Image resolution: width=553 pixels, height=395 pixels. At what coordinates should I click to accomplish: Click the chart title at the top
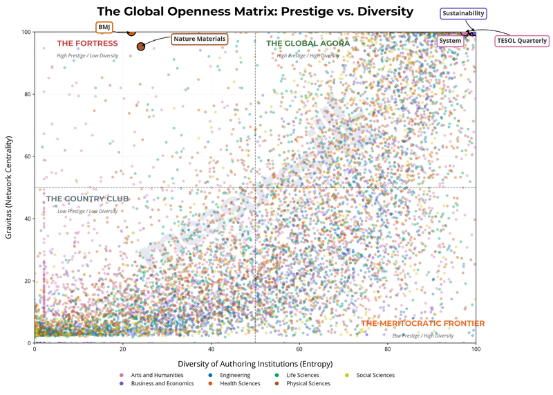(255, 12)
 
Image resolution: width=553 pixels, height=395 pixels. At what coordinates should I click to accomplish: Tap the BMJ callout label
(104, 27)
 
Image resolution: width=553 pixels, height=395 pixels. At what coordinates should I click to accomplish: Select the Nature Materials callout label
(200, 39)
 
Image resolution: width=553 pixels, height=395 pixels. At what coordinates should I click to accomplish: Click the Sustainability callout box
(463, 13)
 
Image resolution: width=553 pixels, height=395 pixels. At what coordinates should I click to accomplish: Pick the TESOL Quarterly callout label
(522, 41)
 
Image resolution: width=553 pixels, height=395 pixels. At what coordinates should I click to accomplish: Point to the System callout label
(450, 41)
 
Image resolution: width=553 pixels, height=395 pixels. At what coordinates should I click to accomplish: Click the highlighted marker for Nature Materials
(141, 46)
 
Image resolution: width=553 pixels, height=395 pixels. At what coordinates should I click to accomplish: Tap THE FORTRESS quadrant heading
(87, 44)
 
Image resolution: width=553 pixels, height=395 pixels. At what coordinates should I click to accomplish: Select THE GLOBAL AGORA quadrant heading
(308, 44)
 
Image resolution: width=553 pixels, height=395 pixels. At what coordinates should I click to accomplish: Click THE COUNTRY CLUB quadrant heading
(87, 199)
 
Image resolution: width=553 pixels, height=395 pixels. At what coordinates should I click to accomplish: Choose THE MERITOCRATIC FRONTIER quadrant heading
(423, 324)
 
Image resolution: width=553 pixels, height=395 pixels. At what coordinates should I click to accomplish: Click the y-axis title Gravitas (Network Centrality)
(10, 187)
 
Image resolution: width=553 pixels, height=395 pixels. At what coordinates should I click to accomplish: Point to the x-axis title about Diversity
(255, 363)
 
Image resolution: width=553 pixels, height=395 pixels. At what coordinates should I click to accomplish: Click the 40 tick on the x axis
(211, 350)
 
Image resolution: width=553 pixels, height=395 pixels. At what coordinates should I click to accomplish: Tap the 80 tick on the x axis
(387, 350)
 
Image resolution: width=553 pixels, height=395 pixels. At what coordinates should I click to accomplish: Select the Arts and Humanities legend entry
(153, 375)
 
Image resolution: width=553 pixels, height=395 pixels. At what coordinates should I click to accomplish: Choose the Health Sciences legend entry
(238, 383)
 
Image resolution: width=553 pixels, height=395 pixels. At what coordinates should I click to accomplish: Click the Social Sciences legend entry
(375, 375)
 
